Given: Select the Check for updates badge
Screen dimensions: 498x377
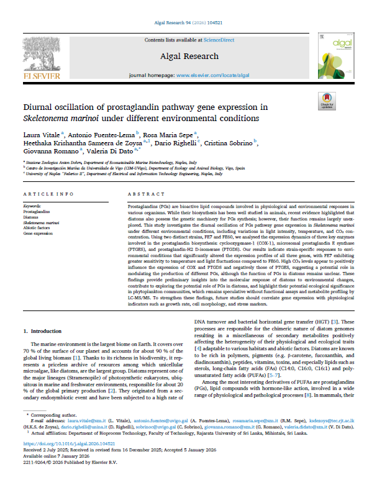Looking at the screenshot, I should point(327,100).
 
